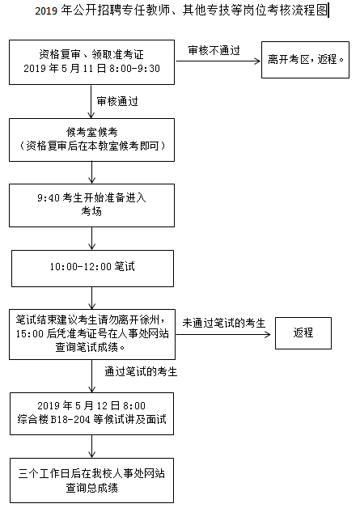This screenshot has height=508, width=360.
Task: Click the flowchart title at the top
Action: (181, 11)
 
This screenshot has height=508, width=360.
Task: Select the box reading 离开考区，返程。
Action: (305, 60)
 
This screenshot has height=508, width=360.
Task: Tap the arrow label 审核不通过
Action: (214, 50)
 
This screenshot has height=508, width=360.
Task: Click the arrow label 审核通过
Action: (117, 101)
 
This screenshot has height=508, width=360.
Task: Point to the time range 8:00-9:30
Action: (134, 69)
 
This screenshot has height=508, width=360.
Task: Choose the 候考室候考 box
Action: (91, 140)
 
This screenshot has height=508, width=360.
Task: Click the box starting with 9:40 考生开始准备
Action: (91, 205)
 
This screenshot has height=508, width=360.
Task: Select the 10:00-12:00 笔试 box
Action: (92, 269)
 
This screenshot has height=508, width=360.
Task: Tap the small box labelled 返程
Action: (303, 333)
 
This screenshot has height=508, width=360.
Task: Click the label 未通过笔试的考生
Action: (223, 323)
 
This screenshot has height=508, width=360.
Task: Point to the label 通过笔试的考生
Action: (141, 371)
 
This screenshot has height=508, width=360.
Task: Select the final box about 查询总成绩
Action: (91, 480)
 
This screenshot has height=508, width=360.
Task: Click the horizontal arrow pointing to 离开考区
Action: (218, 61)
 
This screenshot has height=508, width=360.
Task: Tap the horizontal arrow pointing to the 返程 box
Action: (223, 334)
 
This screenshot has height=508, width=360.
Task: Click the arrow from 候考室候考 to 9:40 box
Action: (92, 172)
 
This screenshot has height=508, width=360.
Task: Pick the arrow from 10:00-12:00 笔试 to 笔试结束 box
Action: (92, 298)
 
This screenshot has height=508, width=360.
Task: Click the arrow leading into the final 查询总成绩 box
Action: (92, 447)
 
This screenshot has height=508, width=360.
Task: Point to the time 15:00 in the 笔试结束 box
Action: (29, 334)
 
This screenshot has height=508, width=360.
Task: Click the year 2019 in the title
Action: (46, 11)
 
